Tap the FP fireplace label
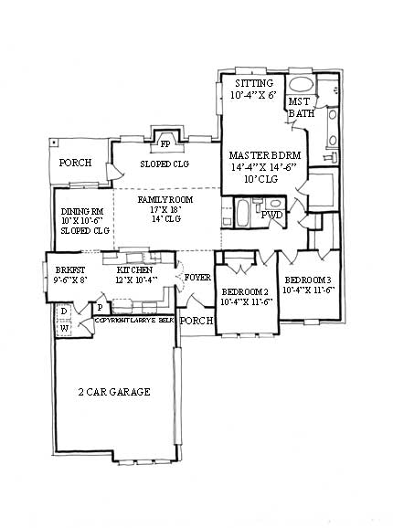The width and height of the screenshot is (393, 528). coord(165,143)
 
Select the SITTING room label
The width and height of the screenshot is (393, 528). coord(252,83)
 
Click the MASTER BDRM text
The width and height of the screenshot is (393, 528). coord(261,155)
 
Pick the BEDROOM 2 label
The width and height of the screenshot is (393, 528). coord(247,293)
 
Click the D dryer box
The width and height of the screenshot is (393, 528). coord(63,312)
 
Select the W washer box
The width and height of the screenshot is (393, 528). coord(63,330)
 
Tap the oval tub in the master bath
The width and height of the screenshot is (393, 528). coord(301,86)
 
